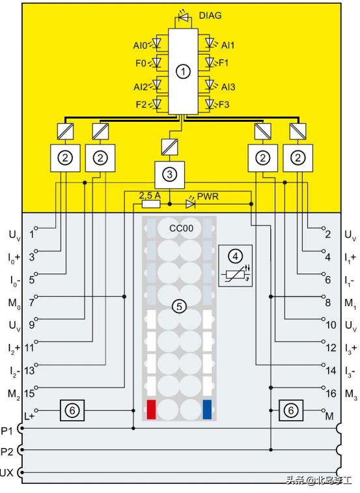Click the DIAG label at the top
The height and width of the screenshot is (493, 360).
(210, 15)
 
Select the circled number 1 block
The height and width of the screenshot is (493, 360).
(184, 72)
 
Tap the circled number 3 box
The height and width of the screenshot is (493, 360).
(170, 174)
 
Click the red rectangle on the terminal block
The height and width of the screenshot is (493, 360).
(151, 409)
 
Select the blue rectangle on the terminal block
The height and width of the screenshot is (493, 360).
(206, 409)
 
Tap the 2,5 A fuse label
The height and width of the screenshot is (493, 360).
(150, 195)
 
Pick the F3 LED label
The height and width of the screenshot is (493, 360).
(224, 104)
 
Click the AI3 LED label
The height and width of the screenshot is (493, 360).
(227, 87)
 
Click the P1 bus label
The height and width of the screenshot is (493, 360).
(7, 430)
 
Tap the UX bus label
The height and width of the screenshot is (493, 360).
(7, 472)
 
